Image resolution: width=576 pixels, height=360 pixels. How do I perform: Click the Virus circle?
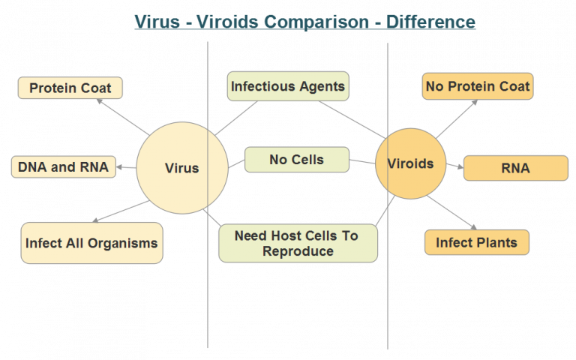[x=181, y=167]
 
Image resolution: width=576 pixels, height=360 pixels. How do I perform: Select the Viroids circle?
[x=409, y=163]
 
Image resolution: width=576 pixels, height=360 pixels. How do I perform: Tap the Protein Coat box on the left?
[x=70, y=88]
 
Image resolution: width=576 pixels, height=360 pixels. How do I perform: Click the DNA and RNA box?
[x=64, y=167]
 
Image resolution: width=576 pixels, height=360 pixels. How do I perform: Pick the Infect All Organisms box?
[x=91, y=243]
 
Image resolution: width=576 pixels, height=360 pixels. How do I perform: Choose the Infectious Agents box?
[x=288, y=86]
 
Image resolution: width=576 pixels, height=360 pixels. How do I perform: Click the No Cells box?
[x=296, y=159]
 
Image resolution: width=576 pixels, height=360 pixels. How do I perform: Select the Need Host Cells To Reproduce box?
[x=298, y=243]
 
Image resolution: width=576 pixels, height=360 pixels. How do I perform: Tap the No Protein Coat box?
[x=477, y=86]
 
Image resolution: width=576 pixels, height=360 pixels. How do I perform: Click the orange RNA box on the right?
[x=515, y=168]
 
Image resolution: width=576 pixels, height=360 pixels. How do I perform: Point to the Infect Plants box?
[x=476, y=243]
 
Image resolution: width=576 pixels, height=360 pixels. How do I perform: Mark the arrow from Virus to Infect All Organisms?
[x=120, y=211]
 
